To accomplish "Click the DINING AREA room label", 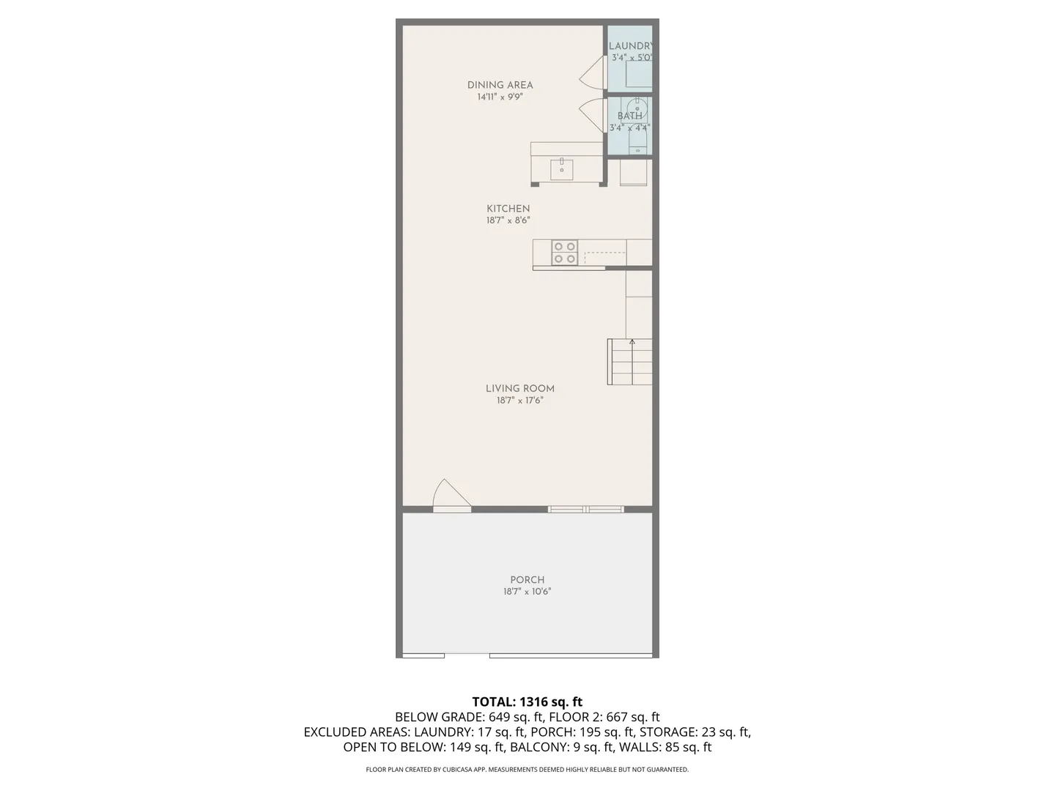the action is (500, 85).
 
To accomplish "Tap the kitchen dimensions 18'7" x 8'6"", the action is (508, 220).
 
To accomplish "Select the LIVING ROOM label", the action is (520, 388).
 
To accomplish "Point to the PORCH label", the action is (527, 579).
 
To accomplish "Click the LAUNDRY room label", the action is (631, 46).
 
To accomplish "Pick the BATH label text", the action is (629, 116).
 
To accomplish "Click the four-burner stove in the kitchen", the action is (565, 253).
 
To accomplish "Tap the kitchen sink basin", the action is (561, 169).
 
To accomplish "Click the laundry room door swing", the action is (592, 72).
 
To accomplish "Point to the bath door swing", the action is (592, 116).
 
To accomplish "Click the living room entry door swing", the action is (452, 494).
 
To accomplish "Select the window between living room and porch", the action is (586, 509).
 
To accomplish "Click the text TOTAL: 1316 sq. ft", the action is (527, 702).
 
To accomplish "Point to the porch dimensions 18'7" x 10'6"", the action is (527, 592).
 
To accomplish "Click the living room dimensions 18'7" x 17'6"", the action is (520, 401).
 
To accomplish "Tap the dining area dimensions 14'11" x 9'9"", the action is (500, 97).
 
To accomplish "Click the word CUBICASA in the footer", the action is (471, 769).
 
